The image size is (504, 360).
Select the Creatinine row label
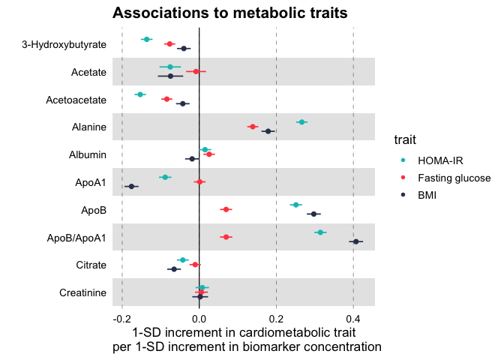82,292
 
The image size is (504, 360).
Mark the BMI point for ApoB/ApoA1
356,241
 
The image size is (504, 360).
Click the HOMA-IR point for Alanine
301,121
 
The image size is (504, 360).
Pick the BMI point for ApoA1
131,186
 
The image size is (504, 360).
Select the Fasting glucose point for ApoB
226,209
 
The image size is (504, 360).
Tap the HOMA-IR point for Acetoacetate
139,94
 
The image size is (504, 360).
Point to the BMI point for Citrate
174,268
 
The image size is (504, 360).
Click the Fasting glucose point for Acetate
196,71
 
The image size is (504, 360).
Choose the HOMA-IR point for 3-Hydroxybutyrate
146,39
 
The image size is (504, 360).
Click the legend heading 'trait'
406,139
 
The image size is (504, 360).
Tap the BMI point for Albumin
192,159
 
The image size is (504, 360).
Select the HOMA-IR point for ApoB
295,205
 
